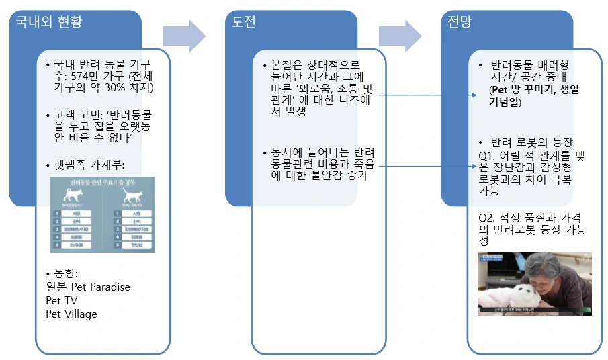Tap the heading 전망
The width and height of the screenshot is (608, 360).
pyautogui.click(x=460, y=22)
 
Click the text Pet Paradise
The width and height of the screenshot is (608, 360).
pyautogui.click(x=100, y=287)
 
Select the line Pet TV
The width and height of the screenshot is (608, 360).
pyautogui.click(x=62, y=300)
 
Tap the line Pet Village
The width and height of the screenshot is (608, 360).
pyautogui.click(x=72, y=314)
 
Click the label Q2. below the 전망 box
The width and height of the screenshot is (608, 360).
pyautogui.click(x=488, y=218)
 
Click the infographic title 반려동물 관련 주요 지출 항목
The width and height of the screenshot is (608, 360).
pyautogui.click(x=102, y=182)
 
